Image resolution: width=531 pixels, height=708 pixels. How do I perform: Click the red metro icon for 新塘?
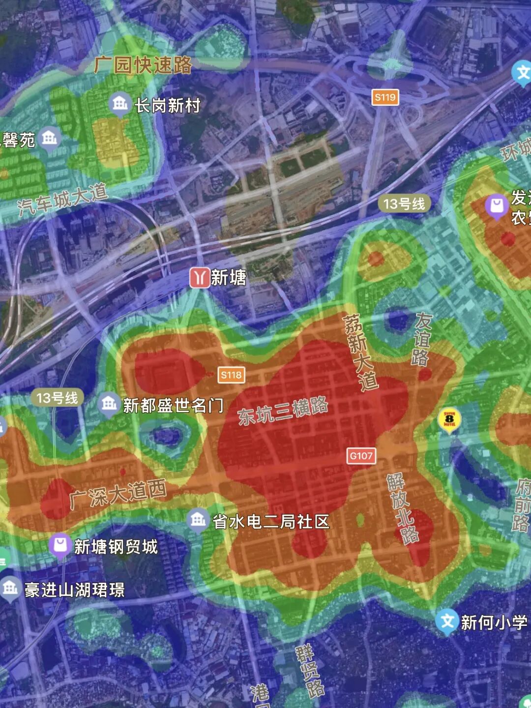199,278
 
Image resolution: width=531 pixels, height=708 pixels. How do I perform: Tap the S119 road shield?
385,97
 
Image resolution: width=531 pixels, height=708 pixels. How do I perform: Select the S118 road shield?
231,375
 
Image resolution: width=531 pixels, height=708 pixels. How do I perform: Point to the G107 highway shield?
361,456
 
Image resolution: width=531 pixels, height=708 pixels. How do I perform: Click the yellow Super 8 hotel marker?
449,419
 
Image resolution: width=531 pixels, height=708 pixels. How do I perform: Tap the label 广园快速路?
143,65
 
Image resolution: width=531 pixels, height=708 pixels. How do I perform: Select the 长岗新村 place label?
168,105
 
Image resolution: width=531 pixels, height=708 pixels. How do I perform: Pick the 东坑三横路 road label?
283,411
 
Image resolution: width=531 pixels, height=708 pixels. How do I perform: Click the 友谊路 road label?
421,339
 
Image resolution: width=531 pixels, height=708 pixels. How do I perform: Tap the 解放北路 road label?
402,508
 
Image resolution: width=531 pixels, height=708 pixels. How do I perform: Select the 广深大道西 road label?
118,494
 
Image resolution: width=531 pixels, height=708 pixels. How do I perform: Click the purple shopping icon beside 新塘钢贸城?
60,546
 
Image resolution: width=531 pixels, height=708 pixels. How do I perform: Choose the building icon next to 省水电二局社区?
198,519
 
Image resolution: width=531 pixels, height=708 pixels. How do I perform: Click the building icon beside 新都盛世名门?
109,404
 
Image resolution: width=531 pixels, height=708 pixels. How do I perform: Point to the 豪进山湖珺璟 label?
75,590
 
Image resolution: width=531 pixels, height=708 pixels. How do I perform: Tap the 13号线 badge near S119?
404,204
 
